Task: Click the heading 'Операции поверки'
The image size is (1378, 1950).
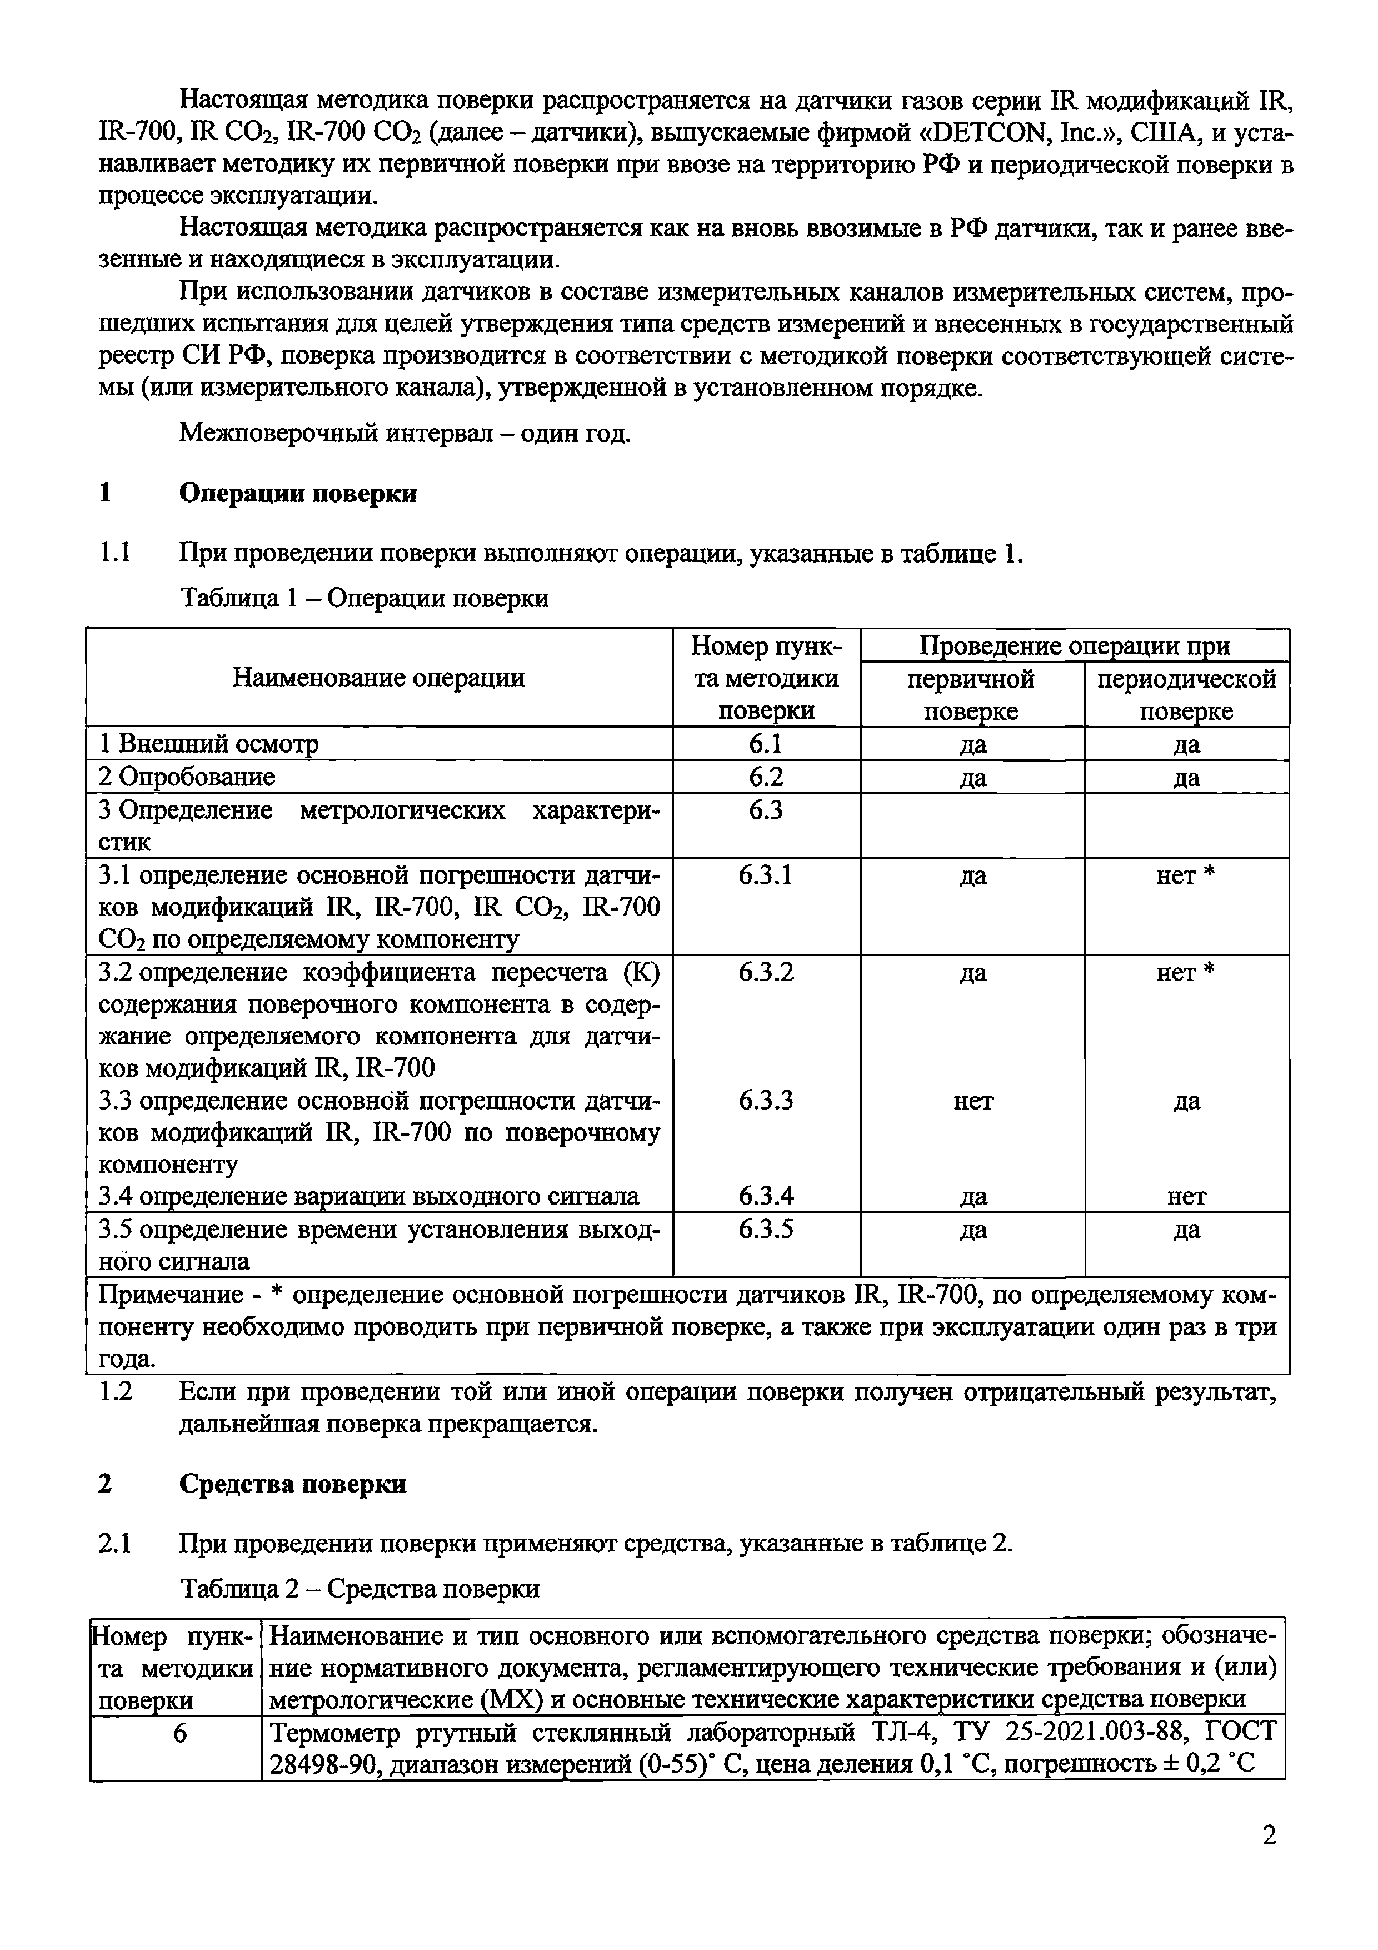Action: tap(297, 494)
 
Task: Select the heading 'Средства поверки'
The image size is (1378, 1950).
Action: tap(292, 1484)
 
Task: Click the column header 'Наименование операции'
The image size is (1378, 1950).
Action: tap(379, 678)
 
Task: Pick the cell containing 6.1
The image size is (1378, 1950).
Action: tap(765, 744)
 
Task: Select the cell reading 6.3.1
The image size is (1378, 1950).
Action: tap(765, 875)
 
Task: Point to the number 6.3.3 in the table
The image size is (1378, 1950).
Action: tap(765, 1101)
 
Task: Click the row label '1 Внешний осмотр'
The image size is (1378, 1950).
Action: tap(209, 744)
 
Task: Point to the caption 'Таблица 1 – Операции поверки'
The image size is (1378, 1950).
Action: tap(365, 598)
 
